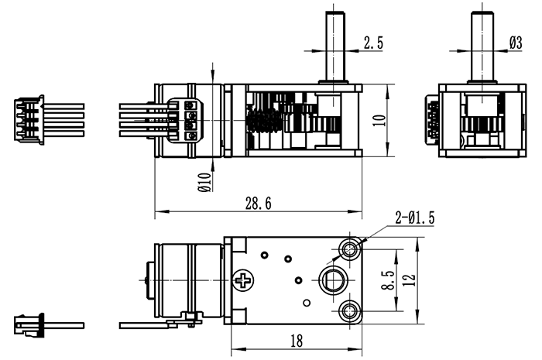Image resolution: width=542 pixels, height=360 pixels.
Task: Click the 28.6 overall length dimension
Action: tap(258, 204)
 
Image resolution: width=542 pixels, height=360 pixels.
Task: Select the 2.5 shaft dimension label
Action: tap(373, 44)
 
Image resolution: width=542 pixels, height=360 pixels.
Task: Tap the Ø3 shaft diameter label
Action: tap(515, 44)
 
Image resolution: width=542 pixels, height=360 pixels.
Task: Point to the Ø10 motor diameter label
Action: tap(204, 183)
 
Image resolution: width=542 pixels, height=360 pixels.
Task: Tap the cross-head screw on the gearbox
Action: tap(246, 279)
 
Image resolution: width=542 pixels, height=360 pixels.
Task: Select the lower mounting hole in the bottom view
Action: tap(350, 311)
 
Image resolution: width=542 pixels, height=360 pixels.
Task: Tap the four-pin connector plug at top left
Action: tap(29, 120)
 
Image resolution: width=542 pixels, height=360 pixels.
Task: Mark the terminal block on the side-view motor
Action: tap(188, 121)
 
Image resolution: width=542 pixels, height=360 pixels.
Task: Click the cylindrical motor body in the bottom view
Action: tap(186, 279)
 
